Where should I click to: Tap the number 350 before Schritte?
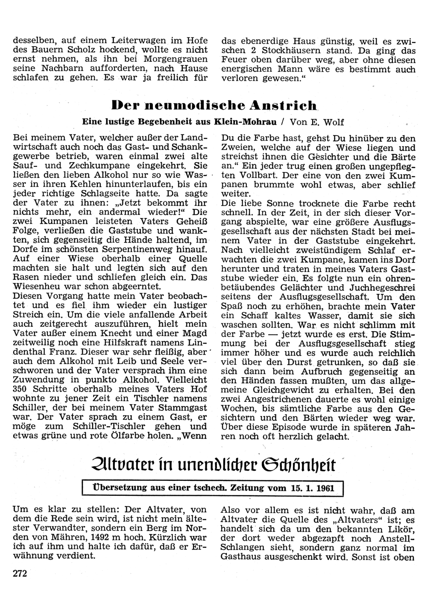[x=20, y=389]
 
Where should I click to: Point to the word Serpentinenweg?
[x=137, y=249]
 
